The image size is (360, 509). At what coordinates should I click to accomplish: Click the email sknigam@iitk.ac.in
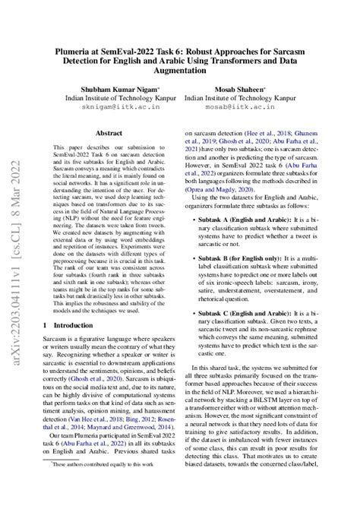pyautogui.click(x=115, y=109)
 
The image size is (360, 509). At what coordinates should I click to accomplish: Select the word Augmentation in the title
pyautogui.click(x=179, y=62)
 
